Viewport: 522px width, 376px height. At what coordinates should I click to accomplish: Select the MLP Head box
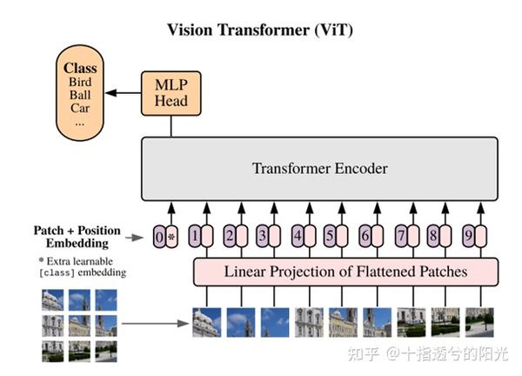click(x=171, y=93)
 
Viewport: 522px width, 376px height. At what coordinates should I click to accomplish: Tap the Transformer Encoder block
click(x=319, y=169)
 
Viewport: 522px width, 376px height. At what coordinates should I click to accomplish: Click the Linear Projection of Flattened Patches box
click(x=345, y=272)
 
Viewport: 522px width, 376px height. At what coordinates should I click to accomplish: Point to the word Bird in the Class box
click(x=80, y=82)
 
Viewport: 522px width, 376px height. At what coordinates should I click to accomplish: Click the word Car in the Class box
click(x=80, y=110)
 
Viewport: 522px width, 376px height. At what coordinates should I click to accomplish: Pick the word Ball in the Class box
click(x=80, y=96)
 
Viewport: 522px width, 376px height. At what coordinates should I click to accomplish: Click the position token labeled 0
click(x=157, y=236)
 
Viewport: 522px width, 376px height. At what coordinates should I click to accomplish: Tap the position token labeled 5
click(x=330, y=236)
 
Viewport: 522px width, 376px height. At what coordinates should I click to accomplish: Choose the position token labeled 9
click(x=467, y=236)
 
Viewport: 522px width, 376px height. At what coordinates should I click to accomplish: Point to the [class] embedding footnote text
click(x=83, y=267)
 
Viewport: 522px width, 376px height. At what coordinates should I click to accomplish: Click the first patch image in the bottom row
click(x=205, y=322)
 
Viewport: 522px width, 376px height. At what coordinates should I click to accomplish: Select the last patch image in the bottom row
click(x=479, y=322)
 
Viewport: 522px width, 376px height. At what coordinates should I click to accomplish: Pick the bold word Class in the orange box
click(x=80, y=67)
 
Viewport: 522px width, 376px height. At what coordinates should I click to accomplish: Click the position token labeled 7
click(x=400, y=236)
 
